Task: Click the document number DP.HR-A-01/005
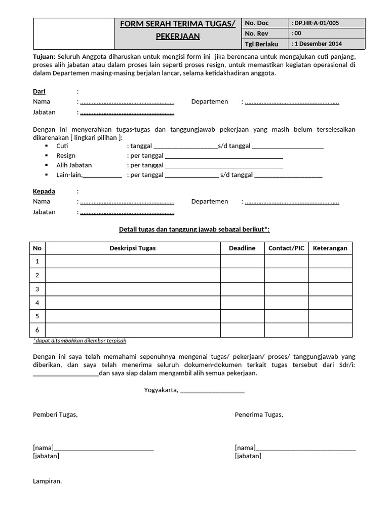pyautogui.click(x=316, y=23)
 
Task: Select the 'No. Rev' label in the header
pyautogui.click(x=256, y=33)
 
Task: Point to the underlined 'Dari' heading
pyautogui.click(x=39, y=91)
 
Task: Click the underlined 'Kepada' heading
pyautogui.click(x=44, y=191)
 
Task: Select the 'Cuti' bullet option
pyautogui.click(x=62, y=146)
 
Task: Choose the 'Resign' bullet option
pyautogui.click(x=66, y=156)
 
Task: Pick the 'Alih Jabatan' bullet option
pyautogui.click(x=74, y=165)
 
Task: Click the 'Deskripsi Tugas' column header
pyautogui.click(x=133, y=248)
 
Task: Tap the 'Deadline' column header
pyautogui.click(x=242, y=248)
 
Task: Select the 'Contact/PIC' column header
pyautogui.click(x=286, y=248)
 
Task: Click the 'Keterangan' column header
pyautogui.click(x=330, y=248)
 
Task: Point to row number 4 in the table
pyautogui.click(x=37, y=303)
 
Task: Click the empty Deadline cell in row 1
pyautogui.click(x=242, y=262)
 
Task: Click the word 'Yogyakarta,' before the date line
pyautogui.click(x=161, y=390)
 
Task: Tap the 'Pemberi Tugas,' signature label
pyautogui.click(x=55, y=415)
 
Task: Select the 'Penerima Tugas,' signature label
pyautogui.click(x=259, y=415)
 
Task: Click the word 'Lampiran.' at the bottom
pyautogui.click(x=47, y=481)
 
